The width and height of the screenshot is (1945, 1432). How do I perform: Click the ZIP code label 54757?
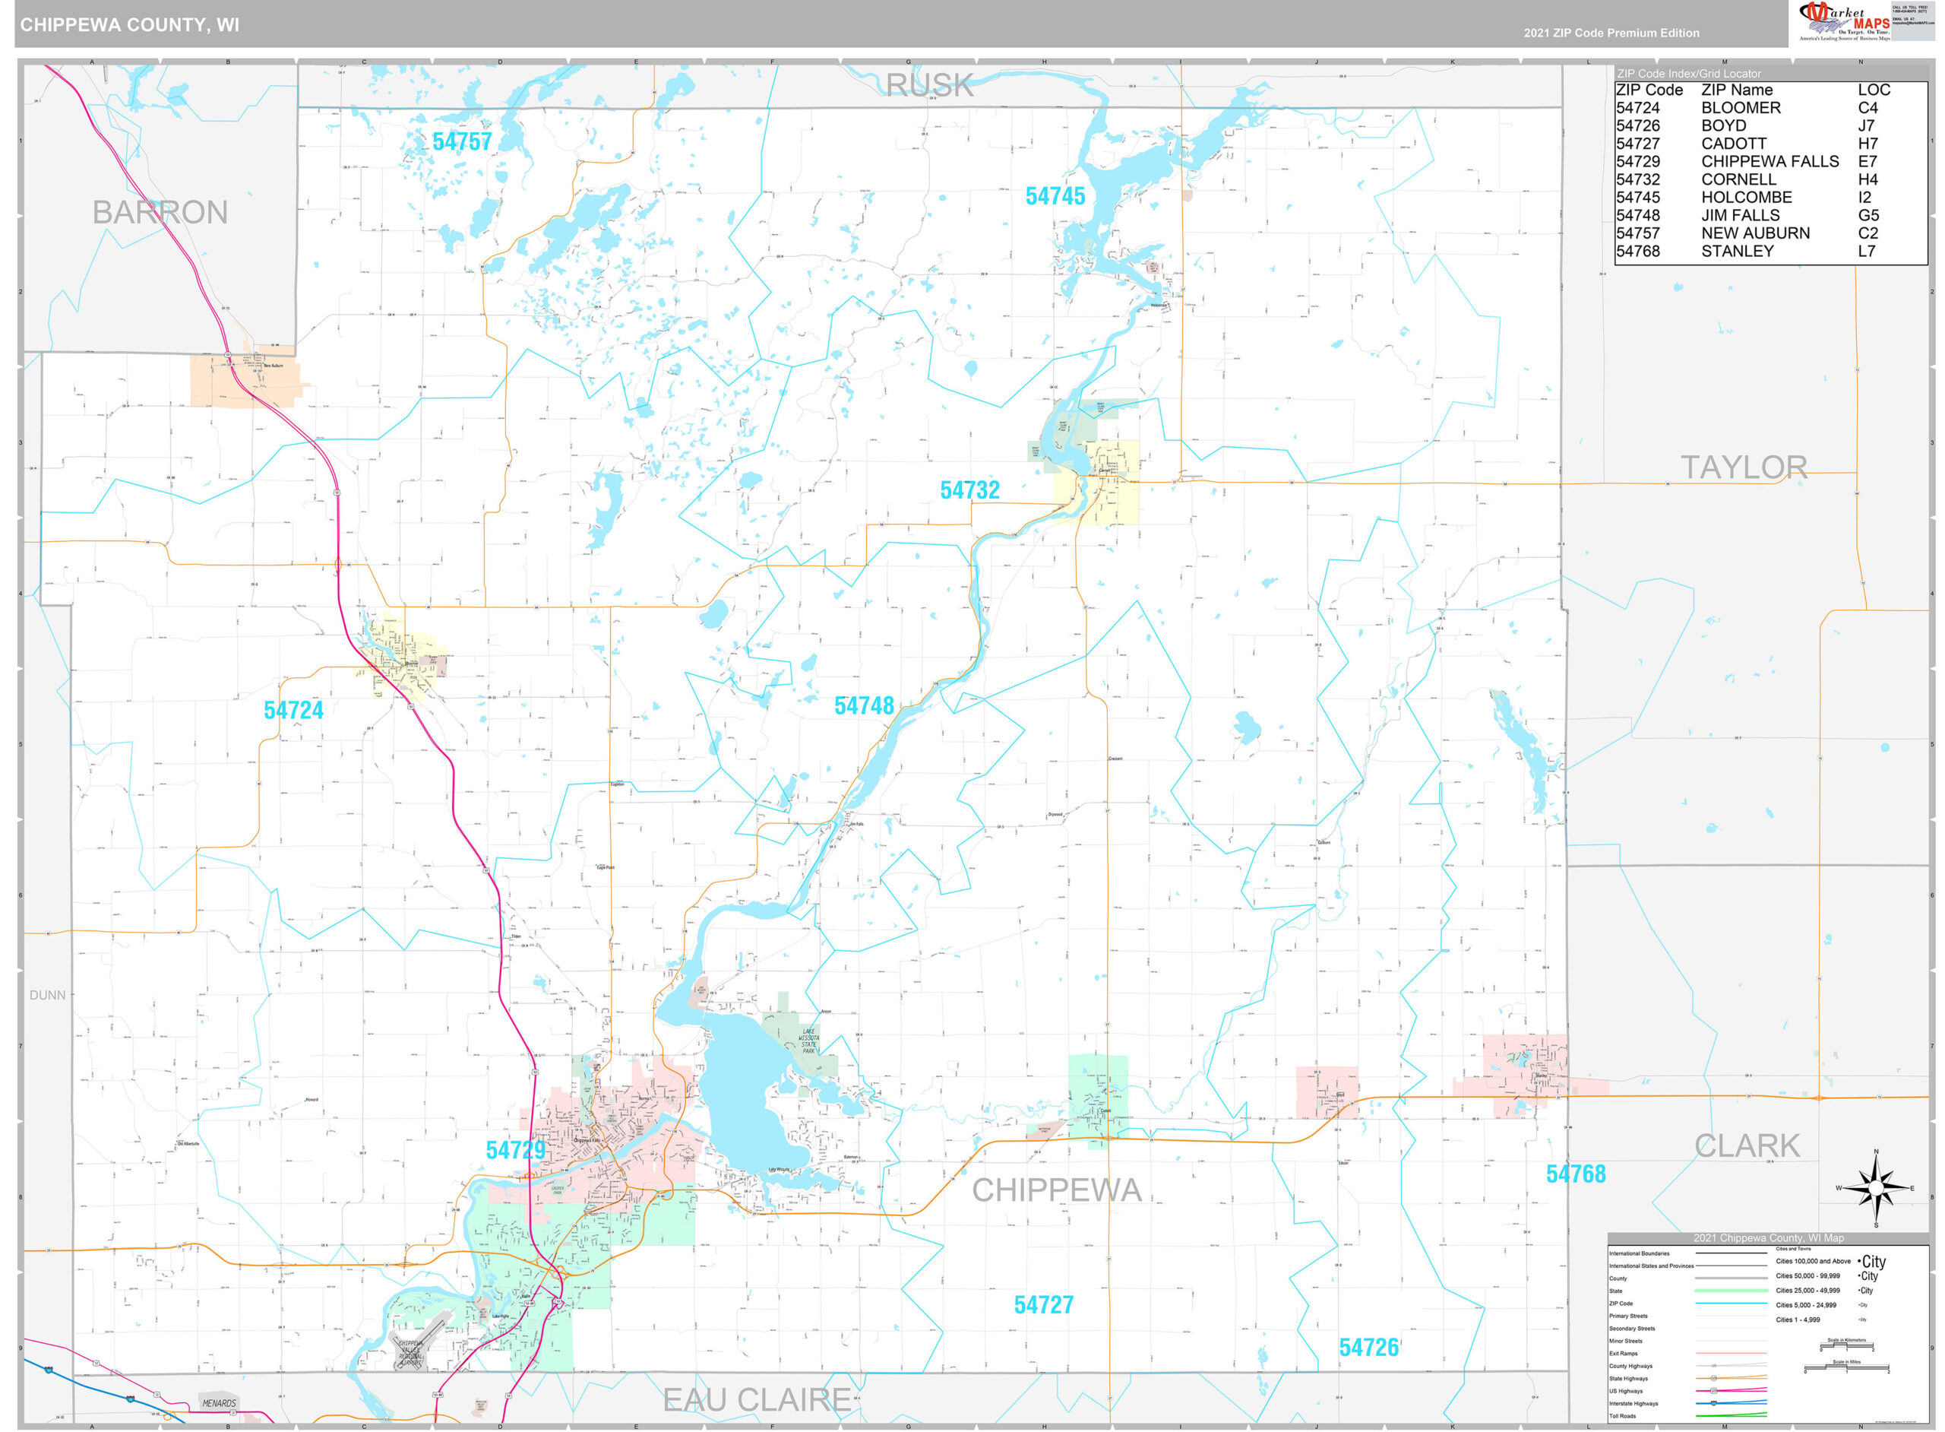click(461, 141)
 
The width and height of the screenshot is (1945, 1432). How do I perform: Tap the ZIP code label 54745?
click(1055, 196)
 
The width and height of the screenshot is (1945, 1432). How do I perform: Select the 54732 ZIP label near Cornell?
click(969, 489)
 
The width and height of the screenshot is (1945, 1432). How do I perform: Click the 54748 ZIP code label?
click(863, 705)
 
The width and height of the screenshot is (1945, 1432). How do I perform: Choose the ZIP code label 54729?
click(515, 1149)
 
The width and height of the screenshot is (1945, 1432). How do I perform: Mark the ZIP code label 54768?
click(1575, 1174)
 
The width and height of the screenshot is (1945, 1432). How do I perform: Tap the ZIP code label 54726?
click(1368, 1347)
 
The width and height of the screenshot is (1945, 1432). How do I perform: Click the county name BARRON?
click(160, 212)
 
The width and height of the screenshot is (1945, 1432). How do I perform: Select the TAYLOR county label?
click(1743, 467)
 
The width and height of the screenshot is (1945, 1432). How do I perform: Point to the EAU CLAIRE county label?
click(755, 1399)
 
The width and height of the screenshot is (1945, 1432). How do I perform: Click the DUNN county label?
click(47, 995)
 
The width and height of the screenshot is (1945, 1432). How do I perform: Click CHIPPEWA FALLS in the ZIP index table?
click(1769, 161)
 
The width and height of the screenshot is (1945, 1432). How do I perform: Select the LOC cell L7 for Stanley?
click(1866, 252)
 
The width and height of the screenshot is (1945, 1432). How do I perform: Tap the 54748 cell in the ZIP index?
click(1637, 215)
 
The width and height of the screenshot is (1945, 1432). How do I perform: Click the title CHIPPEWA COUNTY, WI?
click(129, 24)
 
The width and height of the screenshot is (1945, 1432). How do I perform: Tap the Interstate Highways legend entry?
click(1632, 1403)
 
